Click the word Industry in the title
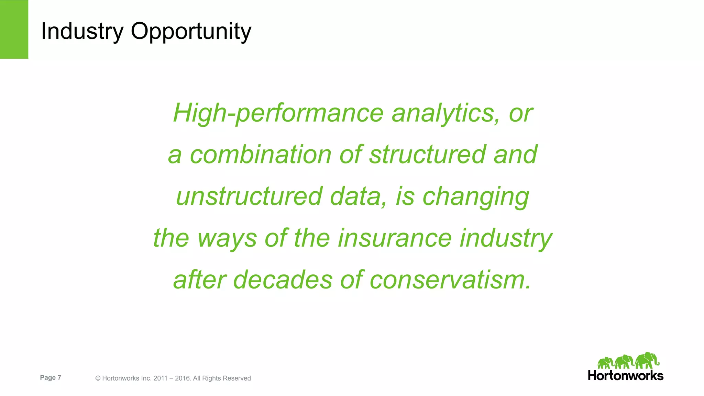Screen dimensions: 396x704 tap(82, 31)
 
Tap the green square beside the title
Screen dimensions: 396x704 tap(14, 29)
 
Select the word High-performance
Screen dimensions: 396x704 tap(278, 113)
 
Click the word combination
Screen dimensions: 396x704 tap(261, 155)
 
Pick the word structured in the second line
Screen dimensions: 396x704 tap(427, 155)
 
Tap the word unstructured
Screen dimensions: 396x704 tap(249, 196)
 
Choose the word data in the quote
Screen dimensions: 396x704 tap(358, 196)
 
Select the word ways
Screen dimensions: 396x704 tap(227, 238)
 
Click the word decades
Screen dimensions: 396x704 tap(283, 280)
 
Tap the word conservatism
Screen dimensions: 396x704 tap(450, 280)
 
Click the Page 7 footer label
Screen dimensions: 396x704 tap(51, 377)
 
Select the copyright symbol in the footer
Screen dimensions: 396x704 tap(98, 378)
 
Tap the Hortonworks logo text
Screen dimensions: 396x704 tap(625, 375)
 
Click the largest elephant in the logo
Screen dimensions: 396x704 tap(647, 361)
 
